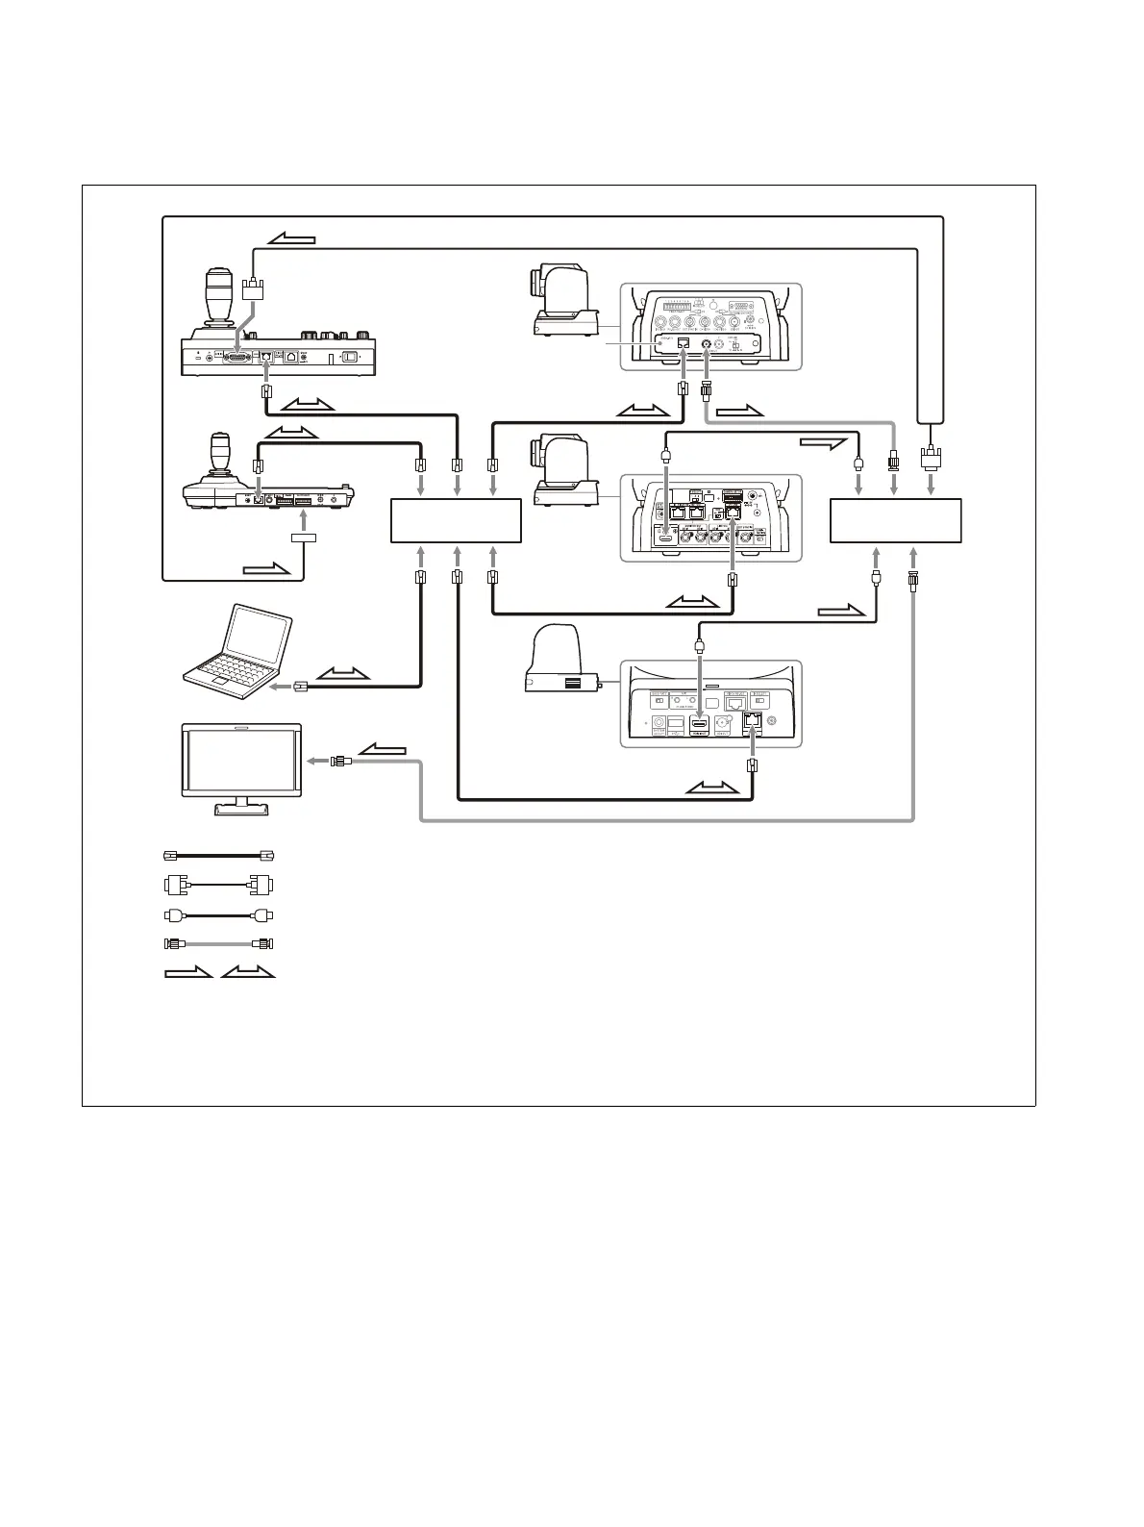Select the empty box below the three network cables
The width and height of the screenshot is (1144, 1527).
[x=456, y=520]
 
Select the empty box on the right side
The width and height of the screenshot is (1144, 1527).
[x=895, y=520]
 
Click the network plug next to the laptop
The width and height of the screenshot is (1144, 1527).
[x=300, y=686]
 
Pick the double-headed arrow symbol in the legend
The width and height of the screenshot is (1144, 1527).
[x=247, y=973]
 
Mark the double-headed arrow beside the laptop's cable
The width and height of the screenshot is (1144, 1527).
[x=343, y=671]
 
